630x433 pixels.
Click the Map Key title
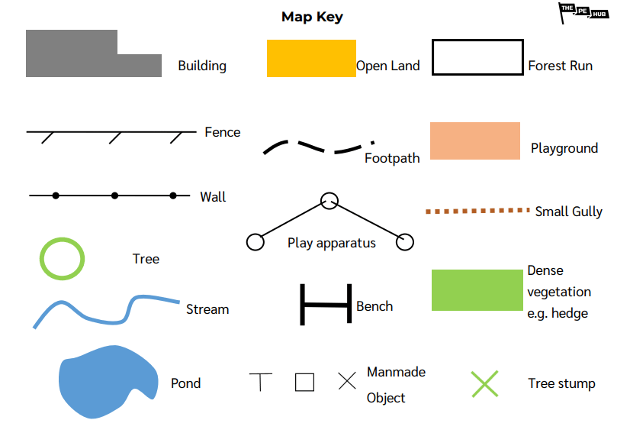312,17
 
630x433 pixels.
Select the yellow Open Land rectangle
311,59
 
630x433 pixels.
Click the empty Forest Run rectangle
477,57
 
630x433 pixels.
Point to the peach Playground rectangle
474,141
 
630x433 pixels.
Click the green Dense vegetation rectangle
477,290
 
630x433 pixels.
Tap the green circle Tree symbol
62,258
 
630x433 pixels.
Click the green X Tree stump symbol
484,384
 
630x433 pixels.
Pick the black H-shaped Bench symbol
326,305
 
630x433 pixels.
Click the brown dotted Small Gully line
477,210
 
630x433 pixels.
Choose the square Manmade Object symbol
304,382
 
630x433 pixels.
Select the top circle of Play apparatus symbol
329,201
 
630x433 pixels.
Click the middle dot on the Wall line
114,196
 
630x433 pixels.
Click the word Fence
222,132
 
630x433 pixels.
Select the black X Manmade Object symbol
347,382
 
